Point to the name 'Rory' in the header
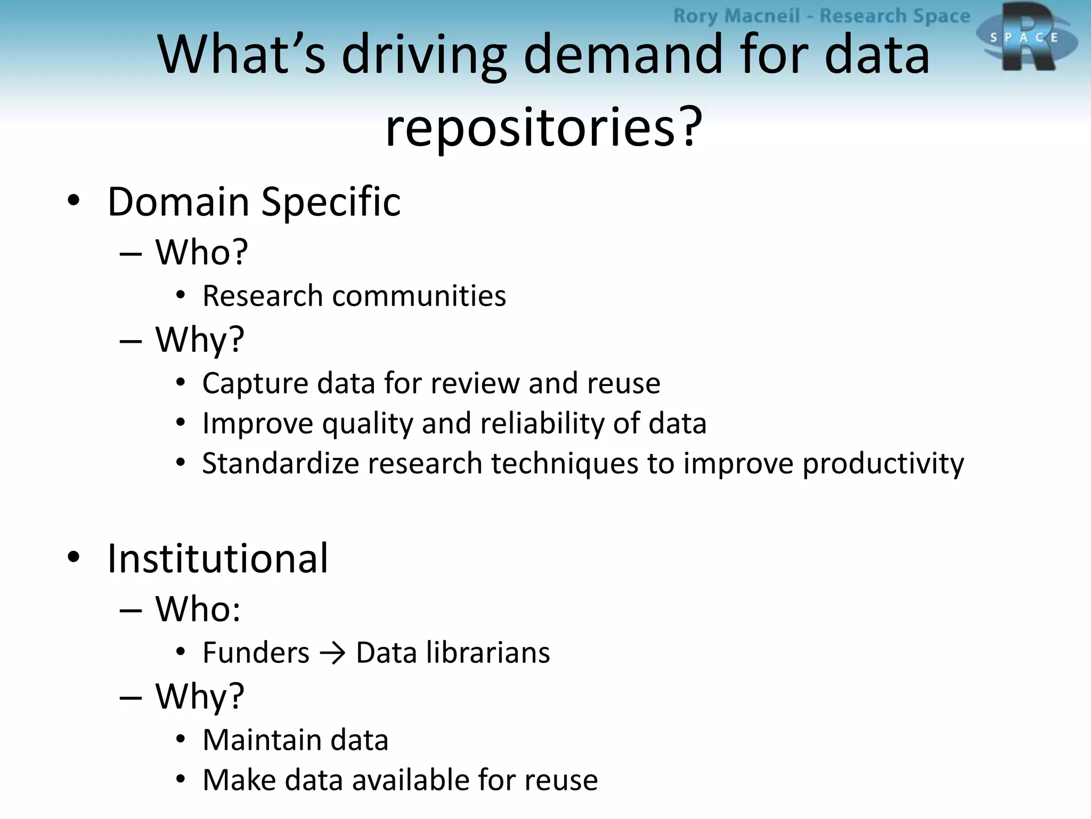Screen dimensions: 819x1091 695,16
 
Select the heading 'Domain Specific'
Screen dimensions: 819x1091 254,202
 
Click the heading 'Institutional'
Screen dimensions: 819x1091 217,558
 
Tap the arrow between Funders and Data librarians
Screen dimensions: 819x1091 333,653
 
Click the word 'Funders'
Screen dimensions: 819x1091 256,653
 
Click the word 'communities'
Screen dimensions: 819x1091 419,296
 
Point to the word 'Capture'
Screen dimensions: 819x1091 255,384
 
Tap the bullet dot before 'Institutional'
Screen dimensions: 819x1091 74,557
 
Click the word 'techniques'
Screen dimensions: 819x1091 564,464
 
